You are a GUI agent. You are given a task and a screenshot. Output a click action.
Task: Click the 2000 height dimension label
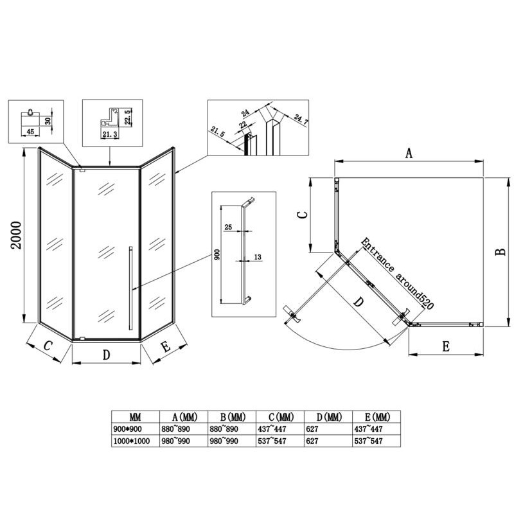pyautogui.click(x=16, y=235)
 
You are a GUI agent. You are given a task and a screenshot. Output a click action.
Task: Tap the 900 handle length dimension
pyautogui.click(x=217, y=254)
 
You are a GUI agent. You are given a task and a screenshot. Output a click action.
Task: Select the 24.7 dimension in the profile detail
pyautogui.click(x=301, y=119)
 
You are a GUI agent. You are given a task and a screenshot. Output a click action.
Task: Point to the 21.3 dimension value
pyautogui.click(x=110, y=134)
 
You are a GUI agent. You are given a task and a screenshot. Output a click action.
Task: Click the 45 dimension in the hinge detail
pyautogui.click(x=30, y=132)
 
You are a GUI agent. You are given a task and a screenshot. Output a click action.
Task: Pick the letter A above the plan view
pyautogui.click(x=409, y=153)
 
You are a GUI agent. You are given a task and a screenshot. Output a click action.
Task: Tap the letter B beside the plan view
pyautogui.click(x=501, y=252)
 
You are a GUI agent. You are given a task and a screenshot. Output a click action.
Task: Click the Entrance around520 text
pyautogui.click(x=397, y=274)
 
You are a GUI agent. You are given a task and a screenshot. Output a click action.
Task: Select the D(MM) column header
pyautogui.click(x=329, y=417)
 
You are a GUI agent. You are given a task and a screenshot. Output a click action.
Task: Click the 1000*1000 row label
pyautogui.click(x=132, y=441)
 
